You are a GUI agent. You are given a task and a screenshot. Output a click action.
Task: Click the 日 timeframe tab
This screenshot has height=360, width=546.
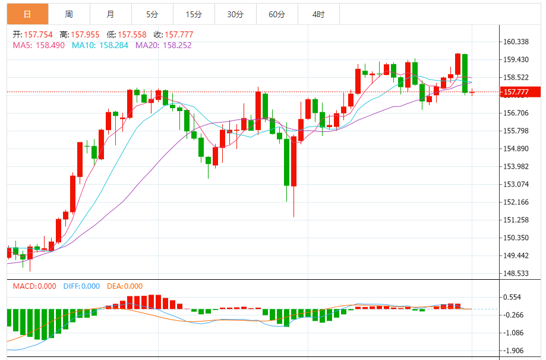[27, 14]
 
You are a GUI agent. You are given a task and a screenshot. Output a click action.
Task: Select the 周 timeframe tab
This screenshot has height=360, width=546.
[69, 14]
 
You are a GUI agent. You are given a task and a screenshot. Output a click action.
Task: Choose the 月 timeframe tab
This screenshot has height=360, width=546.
[111, 14]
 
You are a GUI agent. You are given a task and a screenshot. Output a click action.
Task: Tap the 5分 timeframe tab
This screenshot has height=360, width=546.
[152, 14]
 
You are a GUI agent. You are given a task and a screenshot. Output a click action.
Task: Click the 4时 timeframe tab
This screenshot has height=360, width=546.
[318, 14]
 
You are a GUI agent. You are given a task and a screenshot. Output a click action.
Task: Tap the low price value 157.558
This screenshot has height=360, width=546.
[131, 34]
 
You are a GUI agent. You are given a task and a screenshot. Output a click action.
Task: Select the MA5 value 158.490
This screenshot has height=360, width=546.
[51, 45]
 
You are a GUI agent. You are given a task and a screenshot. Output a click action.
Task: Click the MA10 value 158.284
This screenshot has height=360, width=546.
[112, 45]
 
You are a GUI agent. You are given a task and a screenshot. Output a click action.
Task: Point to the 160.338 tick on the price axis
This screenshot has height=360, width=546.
[516, 42]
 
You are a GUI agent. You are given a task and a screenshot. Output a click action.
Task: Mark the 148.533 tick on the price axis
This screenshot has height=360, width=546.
[516, 274]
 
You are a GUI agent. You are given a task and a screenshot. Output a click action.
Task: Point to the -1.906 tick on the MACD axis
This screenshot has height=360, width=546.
[515, 350]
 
